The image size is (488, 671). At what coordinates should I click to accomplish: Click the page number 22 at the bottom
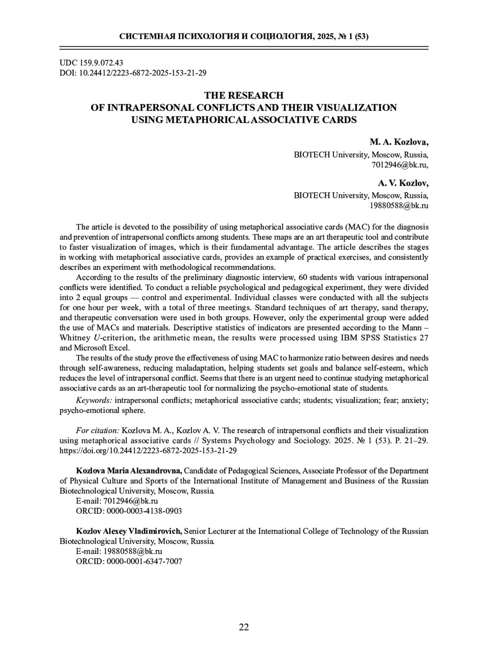[244, 627]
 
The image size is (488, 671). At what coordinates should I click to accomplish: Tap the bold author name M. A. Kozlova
[399, 142]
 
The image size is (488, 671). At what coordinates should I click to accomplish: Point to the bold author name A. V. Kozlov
[403, 183]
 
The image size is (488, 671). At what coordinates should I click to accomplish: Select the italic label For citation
[97, 430]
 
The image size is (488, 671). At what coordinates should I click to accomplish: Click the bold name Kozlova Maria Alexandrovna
[129, 471]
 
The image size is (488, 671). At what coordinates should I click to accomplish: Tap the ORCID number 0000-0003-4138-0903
[144, 511]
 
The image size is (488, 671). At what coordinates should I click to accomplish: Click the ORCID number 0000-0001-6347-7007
[144, 562]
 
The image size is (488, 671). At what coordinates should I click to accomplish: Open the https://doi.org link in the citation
[148, 451]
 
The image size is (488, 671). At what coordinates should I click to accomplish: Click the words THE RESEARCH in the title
[244, 96]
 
